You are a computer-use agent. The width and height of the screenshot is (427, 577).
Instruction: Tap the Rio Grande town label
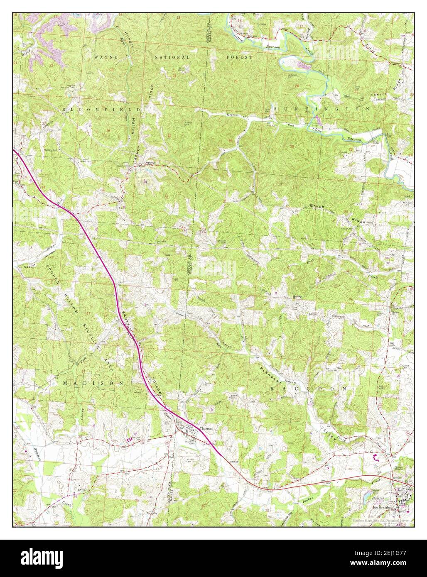pos(380,508)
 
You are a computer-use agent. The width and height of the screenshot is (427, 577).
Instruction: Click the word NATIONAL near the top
pos(172,57)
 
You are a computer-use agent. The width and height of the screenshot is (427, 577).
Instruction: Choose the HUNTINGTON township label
pos(321,108)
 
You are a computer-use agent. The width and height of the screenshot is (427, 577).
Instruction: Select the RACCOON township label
pos(308,388)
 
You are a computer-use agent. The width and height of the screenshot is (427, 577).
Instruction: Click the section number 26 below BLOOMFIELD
pos(108,131)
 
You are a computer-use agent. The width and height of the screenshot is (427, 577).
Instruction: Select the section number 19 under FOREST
pos(236,81)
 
